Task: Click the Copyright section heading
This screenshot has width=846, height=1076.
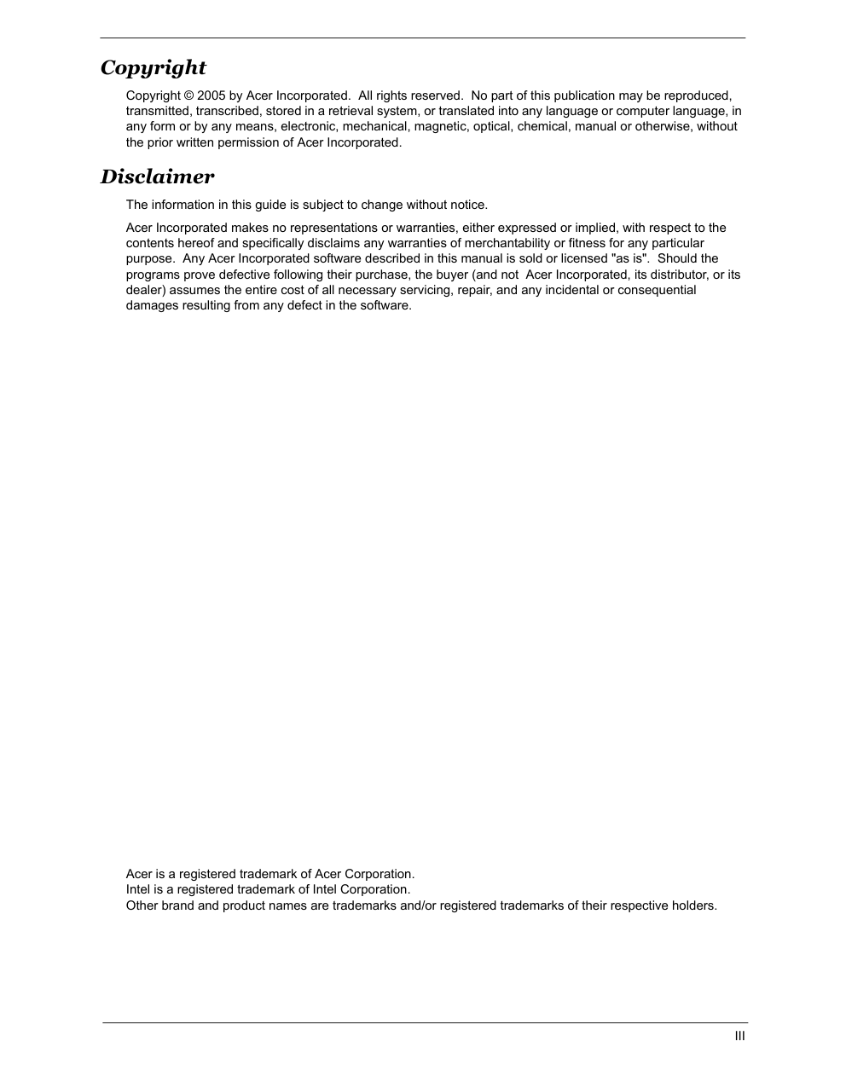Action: (x=154, y=67)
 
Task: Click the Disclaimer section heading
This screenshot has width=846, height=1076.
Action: (x=158, y=176)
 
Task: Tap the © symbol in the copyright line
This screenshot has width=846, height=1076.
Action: (x=188, y=95)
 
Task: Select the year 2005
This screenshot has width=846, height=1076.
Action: (x=211, y=95)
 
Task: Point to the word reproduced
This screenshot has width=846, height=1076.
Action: (x=698, y=95)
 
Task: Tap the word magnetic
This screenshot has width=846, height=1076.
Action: (x=439, y=126)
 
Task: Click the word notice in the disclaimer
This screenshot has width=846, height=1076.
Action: (x=467, y=205)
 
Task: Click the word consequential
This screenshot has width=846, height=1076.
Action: (x=657, y=290)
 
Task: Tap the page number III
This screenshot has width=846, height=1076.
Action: (x=739, y=1036)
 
